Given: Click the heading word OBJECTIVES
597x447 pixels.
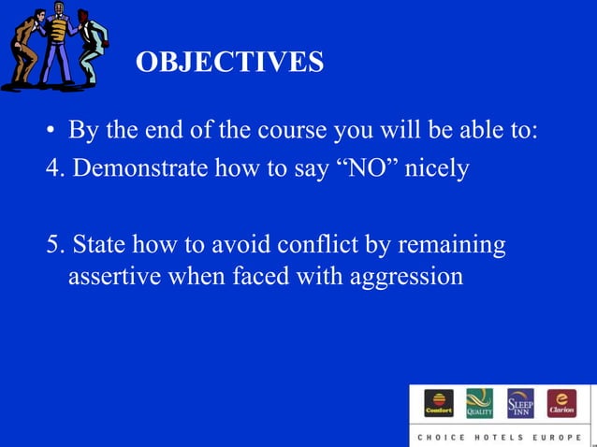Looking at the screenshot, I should click(x=230, y=63).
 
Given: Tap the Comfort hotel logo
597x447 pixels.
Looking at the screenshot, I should click(x=438, y=403).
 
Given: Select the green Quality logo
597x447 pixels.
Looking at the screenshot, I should click(x=479, y=403).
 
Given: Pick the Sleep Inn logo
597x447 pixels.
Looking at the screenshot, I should click(x=520, y=403).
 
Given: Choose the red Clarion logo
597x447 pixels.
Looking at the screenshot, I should click(x=561, y=403).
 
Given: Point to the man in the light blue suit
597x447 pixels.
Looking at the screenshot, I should click(x=91, y=47).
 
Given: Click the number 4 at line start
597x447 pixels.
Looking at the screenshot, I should click(x=52, y=171).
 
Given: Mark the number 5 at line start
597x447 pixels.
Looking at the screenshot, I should click(x=52, y=245).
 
